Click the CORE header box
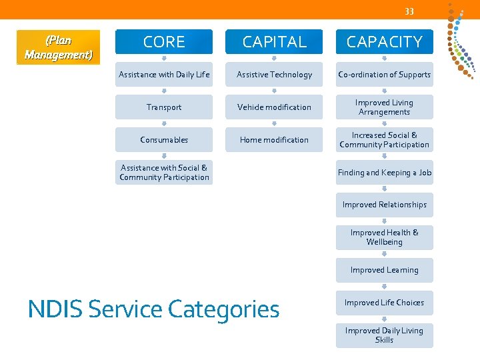tap(164, 41)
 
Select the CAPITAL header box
tap(274, 41)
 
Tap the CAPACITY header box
tap(384, 41)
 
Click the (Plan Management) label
tap(58, 47)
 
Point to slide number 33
tap(409, 11)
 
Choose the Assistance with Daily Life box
tap(164, 75)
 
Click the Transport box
tap(164, 107)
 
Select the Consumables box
tap(164, 140)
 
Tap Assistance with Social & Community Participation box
tap(164, 173)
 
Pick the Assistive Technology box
tap(274, 75)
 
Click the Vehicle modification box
tap(274, 107)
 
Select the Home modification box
tap(274, 140)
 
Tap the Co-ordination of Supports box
tap(384, 75)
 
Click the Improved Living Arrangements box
tap(384, 107)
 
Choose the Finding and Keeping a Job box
tap(384, 173)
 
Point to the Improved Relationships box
tap(384, 205)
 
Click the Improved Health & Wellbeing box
tap(384, 237)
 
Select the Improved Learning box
tap(384, 270)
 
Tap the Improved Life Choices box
tap(384, 303)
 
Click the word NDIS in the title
tap(55, 309)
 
